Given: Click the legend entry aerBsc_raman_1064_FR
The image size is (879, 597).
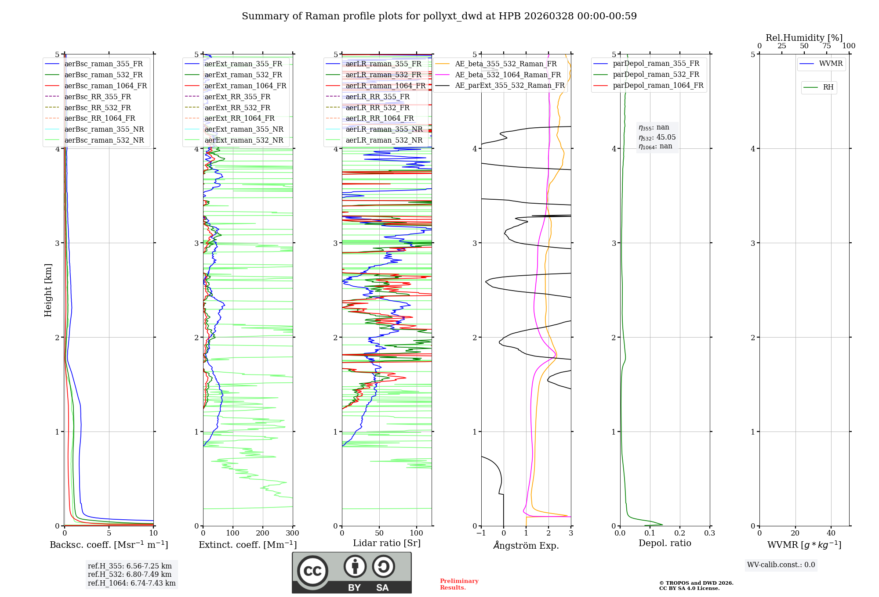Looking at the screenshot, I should click(105, 86).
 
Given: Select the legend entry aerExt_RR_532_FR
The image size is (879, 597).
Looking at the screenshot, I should click(237, 108).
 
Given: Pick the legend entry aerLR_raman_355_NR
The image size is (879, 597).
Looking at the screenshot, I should click(384, 129).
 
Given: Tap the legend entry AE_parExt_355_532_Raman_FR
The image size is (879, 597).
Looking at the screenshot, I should click(509, 86).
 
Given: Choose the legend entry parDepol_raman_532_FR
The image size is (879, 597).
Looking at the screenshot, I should click(656, 75).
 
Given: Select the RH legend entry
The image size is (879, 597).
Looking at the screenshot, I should click(828, 87).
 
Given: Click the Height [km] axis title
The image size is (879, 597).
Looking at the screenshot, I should click(48, 290).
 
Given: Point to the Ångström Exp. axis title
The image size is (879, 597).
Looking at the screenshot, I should click(526, 546).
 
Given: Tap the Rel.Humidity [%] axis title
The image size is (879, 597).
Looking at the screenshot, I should click(804, 38).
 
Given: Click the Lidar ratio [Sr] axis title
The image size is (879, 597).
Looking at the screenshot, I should click(387, 543).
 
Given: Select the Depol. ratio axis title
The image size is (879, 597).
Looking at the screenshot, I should click(665, 543).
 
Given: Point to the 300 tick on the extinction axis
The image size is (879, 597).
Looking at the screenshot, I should click(292, 533).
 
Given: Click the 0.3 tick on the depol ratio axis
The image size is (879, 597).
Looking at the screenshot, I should click(709, 533).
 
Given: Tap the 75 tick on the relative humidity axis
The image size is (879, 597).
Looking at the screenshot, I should click(826, 46).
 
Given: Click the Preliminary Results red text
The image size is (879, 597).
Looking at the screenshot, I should click(459, 584).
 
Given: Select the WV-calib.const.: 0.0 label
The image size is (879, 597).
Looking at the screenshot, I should click(781, 565).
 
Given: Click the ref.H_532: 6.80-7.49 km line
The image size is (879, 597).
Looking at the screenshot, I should click(130, 575).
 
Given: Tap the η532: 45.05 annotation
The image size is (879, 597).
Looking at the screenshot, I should click(657, 137).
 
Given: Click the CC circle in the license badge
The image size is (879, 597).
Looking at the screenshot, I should click(312, 571).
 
